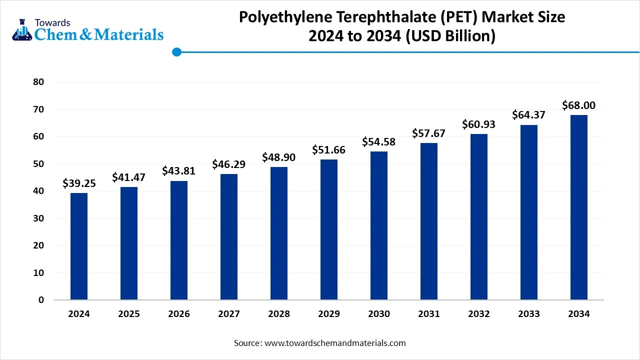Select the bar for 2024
pyautogui.click(x=79, y=246)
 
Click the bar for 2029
pyautogui.click(x=329, y=229)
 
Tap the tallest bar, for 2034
pyautogui.click(x=579, y=207)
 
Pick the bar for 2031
pyautogui.click(x=429, y=221)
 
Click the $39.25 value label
pyautogui.click(x=79, y=183)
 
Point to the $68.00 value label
pyautogui.click(x=579, y=105)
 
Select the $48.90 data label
pyautogui.click(x=279, y=157)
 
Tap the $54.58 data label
pyautogui.click(x=379, y=142)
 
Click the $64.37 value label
pyautogui.click(x=529, y=115)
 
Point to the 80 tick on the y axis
pyautogui.click(x=38, y=82)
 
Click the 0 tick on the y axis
pyautogui.click(x=41, y=300)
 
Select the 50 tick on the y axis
pyautogui.click(x=38, y=164)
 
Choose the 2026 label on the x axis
pyautogui.click(x=179, y=314)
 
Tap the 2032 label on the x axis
pyautogui.click(x=479, y=314)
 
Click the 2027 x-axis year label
pyautogui.click(x=229, y=314)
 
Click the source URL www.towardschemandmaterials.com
pyautogui.click(x=334, y=343)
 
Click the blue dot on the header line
pyautogui.click(x=176, y=51)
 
